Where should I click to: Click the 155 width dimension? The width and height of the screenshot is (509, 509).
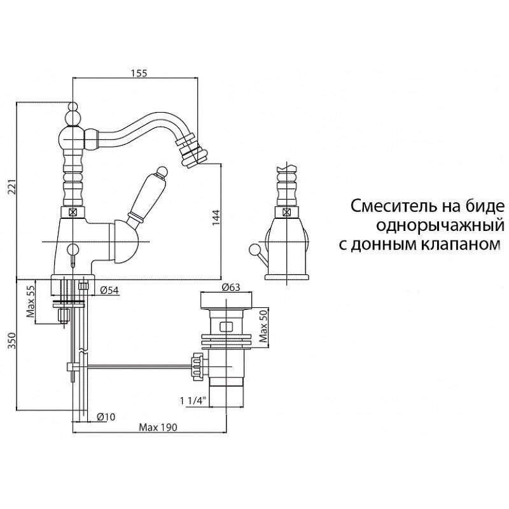point(139,73)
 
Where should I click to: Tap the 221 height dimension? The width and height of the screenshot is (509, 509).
point(12,187)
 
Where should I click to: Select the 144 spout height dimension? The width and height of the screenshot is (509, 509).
point(216,218)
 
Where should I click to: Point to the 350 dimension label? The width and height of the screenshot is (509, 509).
point(12,340)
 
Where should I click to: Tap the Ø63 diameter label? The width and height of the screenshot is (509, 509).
point(230,288)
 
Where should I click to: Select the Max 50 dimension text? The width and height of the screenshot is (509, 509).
point(263,326)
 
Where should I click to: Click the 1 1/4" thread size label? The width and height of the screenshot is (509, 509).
point(193,401)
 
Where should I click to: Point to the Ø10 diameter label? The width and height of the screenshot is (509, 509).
point(106,417)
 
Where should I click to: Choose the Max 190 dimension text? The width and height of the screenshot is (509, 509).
point(158,428)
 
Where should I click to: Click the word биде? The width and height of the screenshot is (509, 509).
point(484,206)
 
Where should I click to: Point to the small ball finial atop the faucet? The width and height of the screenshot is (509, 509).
point(73,106)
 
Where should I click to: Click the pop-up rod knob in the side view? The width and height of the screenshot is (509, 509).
point(253,249)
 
